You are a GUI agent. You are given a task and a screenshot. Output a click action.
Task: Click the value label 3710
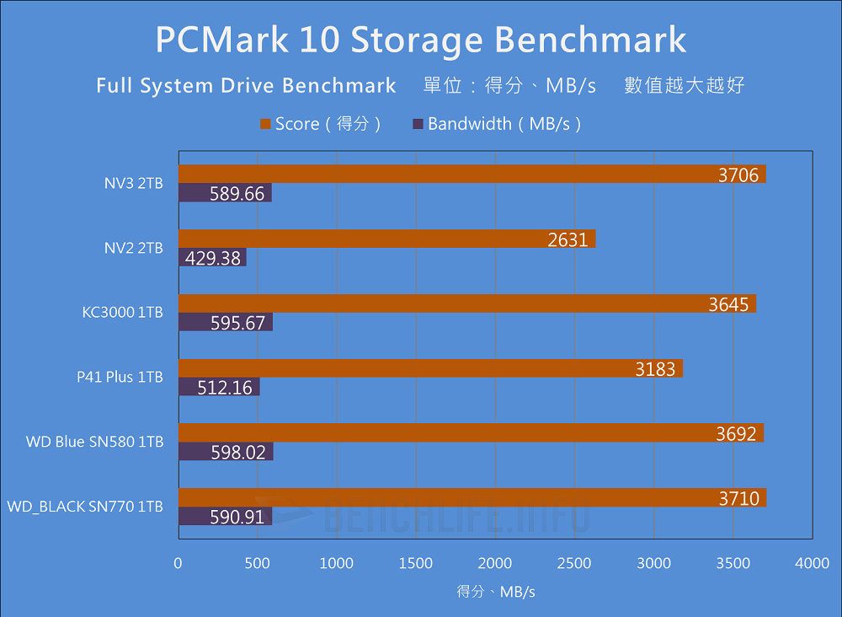coord(739,498)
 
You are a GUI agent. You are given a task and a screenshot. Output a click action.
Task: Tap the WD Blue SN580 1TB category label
coord(94,442)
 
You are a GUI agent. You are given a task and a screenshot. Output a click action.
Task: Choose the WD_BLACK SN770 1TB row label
coord(85,507)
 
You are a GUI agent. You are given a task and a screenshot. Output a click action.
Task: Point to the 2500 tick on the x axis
coord(574,563)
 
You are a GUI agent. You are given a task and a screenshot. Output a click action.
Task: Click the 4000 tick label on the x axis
coord(812,563)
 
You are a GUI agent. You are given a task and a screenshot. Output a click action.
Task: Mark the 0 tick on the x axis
coord(178,563)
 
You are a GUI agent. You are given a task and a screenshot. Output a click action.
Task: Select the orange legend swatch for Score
coord(266,125)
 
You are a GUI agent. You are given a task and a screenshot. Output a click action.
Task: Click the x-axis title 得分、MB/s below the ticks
coord(495,592)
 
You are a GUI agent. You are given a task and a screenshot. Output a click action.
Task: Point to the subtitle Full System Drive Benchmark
coord(246,86)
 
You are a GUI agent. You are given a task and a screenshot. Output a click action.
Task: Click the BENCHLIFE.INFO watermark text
coord(455,517)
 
